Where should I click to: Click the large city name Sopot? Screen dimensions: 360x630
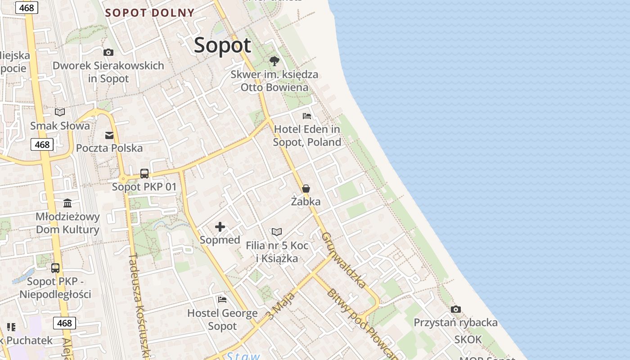tap(222, 45)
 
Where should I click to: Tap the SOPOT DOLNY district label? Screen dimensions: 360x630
tap(150, 13)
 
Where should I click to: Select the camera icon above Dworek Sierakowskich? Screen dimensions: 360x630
tap(108, 52)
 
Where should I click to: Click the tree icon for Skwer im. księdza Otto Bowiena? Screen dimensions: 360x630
tap(274, 61)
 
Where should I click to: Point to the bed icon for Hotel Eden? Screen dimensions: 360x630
tap(307, 116)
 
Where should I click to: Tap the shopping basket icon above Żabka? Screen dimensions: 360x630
tap(306, 189)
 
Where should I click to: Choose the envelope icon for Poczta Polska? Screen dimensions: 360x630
tap(109, 135)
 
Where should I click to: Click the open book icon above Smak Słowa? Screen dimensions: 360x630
tap(60, 112)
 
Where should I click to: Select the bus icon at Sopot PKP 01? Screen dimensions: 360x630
tap(144, 173)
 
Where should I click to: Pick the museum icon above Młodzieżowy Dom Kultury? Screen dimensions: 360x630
tap(67, 203)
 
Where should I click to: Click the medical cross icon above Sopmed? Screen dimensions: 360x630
tap(220, 227)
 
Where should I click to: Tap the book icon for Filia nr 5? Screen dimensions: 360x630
tap(277, 232)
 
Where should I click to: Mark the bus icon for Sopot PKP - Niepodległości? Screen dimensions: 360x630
tap(55, 268)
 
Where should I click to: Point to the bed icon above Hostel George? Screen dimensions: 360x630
tap(222, 300)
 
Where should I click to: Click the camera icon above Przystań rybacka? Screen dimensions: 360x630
tap(456, 309)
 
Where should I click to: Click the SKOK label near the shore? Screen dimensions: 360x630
tap(468, 340)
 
